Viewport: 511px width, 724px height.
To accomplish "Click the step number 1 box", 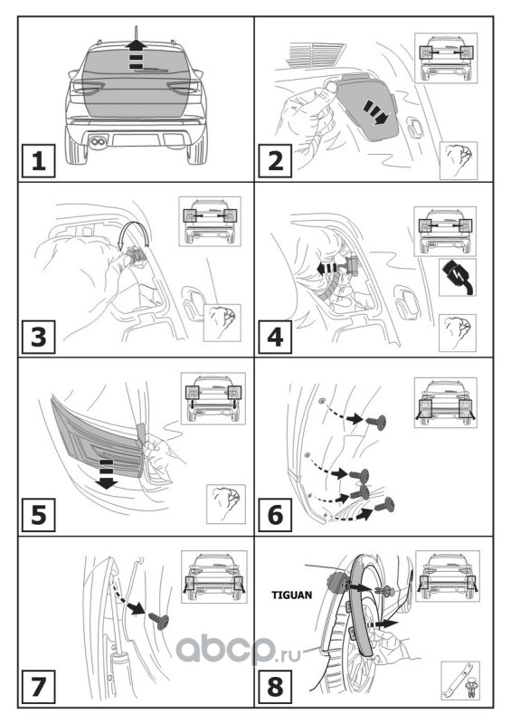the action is [38, 161].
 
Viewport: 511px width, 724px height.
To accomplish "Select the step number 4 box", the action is [275, 337].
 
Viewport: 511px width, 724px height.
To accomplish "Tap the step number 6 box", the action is [275, 515].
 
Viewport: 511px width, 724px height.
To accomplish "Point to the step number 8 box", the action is [275, 686].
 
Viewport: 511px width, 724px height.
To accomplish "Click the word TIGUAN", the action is [292, 595].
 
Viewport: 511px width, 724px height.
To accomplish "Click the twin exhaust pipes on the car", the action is [97, 142].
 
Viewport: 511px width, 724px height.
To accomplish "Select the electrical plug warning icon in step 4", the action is [458, 277].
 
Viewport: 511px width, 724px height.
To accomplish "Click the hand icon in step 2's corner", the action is [459, 160].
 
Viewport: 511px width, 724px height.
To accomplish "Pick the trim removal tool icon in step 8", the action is [459, 684].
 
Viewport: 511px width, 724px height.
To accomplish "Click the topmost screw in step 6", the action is [377, 422].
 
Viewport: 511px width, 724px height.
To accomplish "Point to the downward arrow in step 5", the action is [106, 474].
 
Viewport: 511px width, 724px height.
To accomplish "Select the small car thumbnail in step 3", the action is [210, 221].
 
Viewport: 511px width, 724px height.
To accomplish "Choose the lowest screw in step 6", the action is [385, 505].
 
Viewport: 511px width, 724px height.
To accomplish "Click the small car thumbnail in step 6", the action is [446, 403].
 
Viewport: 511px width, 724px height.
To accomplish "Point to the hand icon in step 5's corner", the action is [226, 504].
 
